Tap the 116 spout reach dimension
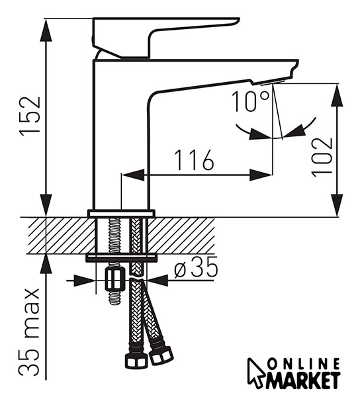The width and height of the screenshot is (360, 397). (x=195, y=160)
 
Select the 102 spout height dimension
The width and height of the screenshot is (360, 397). (x=322, y=157)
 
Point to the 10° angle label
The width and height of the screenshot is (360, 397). (x=251, y=101)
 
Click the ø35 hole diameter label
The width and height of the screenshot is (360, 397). (x=196, y=267)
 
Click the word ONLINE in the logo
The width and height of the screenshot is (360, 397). (x=304, y=365)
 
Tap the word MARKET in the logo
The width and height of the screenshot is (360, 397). (x=302, y=380)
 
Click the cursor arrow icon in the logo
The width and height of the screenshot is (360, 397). (x=256, y=373)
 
